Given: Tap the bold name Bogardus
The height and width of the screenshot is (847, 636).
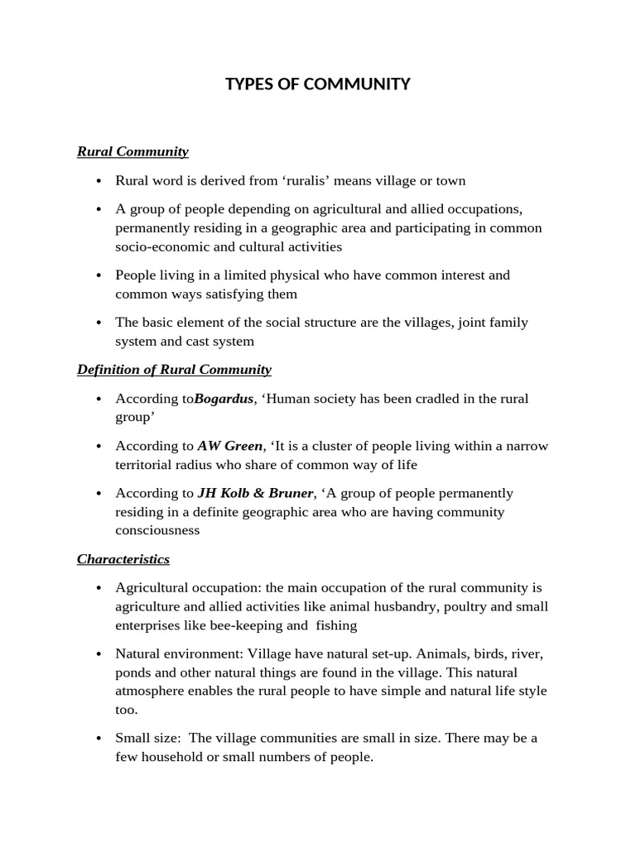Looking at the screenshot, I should (x=224, y=399).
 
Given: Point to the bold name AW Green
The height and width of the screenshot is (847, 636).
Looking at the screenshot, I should (x=229, y=446).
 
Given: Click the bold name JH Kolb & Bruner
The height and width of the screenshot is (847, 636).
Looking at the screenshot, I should (x=255, y=493).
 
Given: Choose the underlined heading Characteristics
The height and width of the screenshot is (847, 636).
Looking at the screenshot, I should (x=123, y=559).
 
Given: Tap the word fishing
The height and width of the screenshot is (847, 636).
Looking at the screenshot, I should (x=337, y=625).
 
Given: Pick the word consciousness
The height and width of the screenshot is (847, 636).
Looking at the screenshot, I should (x=157, y=530).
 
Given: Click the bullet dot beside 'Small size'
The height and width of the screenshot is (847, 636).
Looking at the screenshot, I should (x=99, y=738).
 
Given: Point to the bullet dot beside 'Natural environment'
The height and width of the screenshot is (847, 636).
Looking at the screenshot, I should (x=99, y=653).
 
